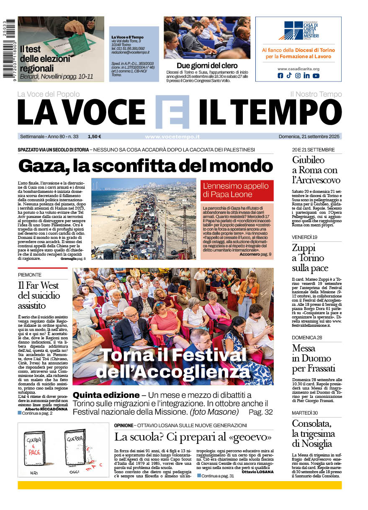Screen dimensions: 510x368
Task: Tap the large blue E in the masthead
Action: [x=172, y=112]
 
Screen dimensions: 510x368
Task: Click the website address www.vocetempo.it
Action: [x=172, y=136]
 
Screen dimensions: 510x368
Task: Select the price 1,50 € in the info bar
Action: [x=94, y=136]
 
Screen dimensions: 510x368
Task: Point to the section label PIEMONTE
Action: [x=30, y=275]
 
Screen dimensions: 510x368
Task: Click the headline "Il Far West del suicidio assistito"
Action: [x=39, y=295]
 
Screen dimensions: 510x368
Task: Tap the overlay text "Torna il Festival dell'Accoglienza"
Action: [x=172, y=363]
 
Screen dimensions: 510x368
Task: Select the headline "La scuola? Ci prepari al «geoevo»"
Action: [x=193, y=437]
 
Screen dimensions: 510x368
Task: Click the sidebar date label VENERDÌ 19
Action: [x=304, y=237]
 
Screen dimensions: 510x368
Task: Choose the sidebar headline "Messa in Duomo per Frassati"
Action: [x=314, y=358]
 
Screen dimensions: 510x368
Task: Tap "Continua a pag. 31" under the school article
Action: [x=217, y=476]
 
